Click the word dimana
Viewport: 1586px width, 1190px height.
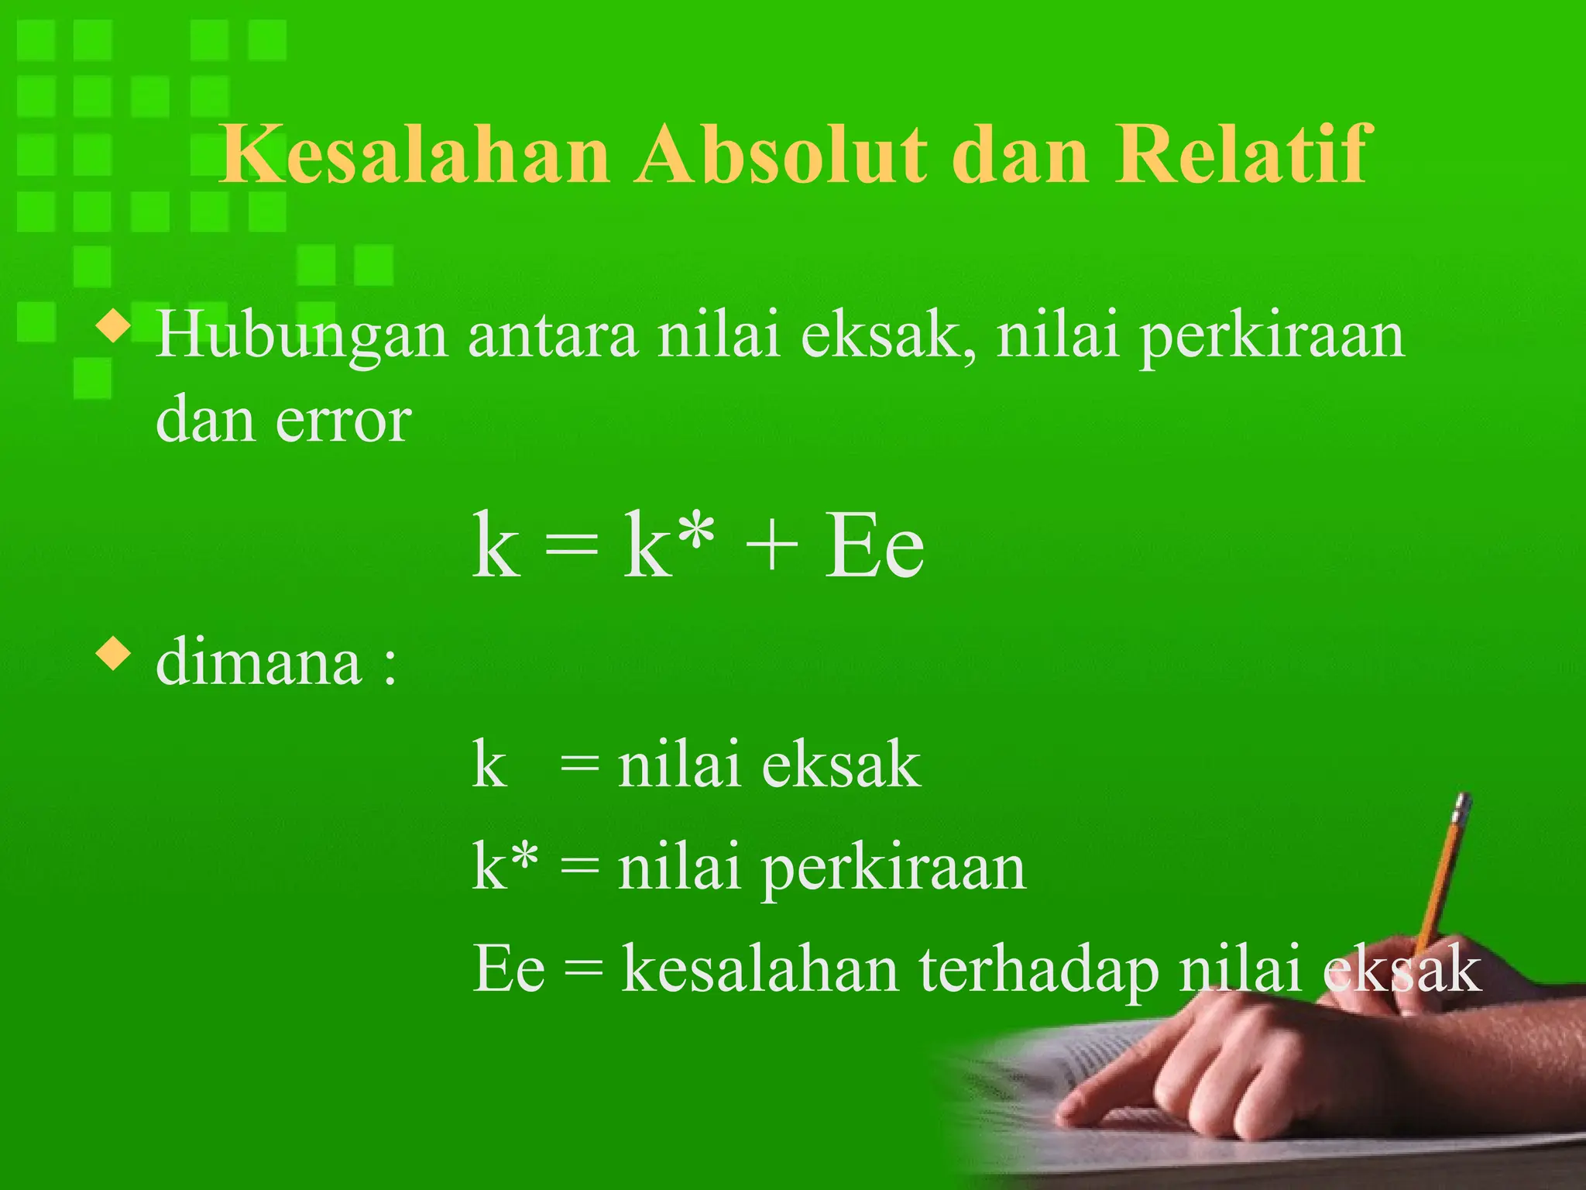coord(259,662)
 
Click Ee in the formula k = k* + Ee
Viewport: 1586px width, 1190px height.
coord(874,545)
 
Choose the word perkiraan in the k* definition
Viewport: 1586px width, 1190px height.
coord(894,870)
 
